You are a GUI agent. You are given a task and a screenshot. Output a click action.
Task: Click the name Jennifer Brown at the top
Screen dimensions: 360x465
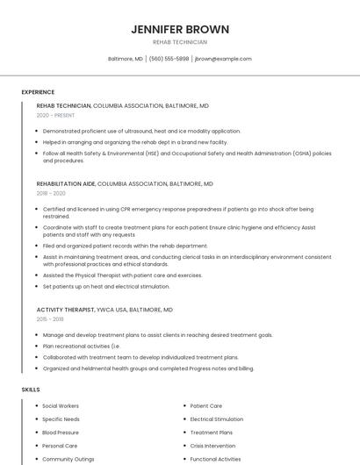[180, 29]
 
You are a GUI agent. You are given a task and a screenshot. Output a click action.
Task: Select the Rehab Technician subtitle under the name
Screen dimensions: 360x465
[180, 42]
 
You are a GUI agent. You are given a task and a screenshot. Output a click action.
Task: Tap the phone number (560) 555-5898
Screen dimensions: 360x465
[169, 59]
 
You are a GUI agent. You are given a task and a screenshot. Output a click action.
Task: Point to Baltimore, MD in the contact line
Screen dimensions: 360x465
[126, 59]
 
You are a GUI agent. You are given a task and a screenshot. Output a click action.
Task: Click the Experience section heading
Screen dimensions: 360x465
[38, 92]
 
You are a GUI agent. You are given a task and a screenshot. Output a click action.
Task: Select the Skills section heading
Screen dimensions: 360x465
[31, 389]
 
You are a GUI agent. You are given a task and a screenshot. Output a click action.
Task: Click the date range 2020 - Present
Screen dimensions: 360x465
[54, 115]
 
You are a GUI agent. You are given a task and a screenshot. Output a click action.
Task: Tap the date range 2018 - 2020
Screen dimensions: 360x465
[51, 193]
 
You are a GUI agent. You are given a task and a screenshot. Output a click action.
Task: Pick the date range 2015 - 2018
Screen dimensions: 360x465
[50, 319]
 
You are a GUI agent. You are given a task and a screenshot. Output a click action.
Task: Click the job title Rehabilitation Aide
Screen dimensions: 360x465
[66, 184]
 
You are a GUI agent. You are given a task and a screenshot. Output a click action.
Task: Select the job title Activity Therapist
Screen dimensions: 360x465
[65, 310]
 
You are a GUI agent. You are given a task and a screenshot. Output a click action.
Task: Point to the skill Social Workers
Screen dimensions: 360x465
[61, 406]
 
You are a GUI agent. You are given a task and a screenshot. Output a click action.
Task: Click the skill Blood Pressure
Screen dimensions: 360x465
[61, 433]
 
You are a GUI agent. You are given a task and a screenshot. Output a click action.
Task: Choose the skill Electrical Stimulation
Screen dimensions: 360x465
[217, 419]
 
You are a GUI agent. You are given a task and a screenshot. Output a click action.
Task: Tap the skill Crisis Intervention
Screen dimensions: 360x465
[212, 446]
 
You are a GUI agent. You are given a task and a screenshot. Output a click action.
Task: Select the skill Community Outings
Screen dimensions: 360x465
[68, 459]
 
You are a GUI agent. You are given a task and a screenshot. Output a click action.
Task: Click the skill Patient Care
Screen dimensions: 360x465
[206, 406]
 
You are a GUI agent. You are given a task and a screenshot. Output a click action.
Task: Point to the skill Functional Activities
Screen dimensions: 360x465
[215, 459]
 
